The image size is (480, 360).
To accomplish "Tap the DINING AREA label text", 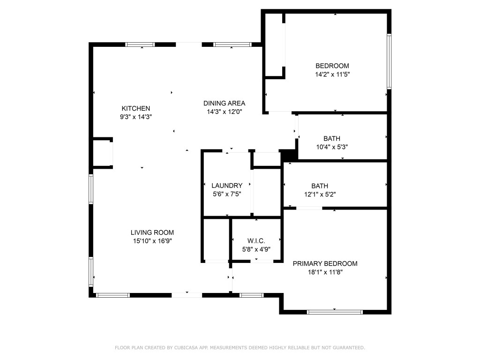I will pyautogui.click(x=224, y=103).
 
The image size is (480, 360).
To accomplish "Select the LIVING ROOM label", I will pyautogui.click(x=152, y=232).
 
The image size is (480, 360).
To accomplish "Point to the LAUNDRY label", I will pyautogui.click(x=227, y=186).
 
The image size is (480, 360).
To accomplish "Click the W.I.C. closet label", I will pyautogui.click(x=256, y=240).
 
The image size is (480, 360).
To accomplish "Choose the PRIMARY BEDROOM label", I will pyautogui.click(x=325, y=263).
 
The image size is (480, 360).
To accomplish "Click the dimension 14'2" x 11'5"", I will pyautogui.click(x=332, y=74).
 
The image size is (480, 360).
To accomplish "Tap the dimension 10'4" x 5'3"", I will pyautogui.click(x=332, y=147).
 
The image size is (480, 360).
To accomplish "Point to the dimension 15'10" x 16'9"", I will pyautogui.click(x=152, y=241).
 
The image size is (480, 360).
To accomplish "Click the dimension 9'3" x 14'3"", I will pyautogui.click(x=136, y=117).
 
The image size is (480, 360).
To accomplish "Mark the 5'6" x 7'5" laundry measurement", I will pyautogui.click(x=227, y=194).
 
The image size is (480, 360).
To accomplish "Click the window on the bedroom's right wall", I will pyautogui.click(x=389, y=61).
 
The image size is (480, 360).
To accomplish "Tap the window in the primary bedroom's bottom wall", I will pyautogui.click(x=335, y=311).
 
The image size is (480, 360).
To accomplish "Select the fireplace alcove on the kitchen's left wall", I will pyautogui.click(x=103, y=153).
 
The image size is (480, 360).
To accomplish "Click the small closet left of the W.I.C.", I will pyautogui.click(x=217, y=240).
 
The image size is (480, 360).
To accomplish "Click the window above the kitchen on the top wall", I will pyautogui.click(x=140, y=45).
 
